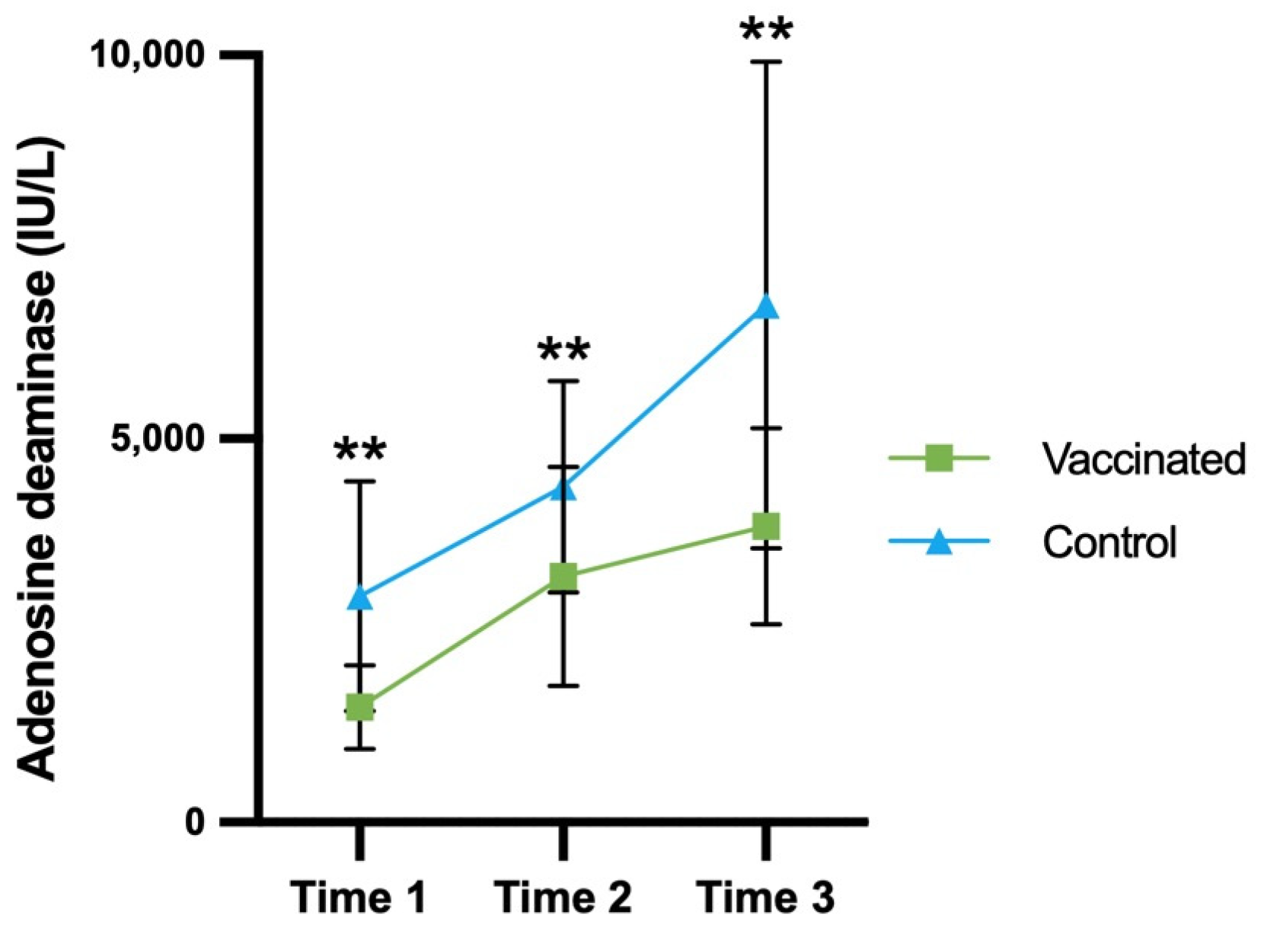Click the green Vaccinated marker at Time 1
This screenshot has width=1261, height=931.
tap(359, 708)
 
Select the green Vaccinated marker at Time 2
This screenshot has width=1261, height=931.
tap(563, 577)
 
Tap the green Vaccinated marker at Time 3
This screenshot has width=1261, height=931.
tap(766, 526)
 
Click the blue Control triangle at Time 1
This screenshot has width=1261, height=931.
tap(359, 599)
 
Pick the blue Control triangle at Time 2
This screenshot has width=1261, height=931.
tap(563, 488)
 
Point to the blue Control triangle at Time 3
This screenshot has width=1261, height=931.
tap(766, 308)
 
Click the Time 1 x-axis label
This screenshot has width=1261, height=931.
tap(358, 897)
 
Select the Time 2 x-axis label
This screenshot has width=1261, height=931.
tap(563, 897)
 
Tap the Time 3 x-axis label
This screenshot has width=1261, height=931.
tap(766, 897)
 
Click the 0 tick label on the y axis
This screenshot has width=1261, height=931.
tap(195, 823)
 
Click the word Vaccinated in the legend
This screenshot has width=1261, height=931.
tap(1143, 459)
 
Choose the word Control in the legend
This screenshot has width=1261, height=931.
tap(1109, 542)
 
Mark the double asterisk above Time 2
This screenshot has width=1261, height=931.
tap(563, 351)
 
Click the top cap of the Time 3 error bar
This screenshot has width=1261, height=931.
tap(766, 62)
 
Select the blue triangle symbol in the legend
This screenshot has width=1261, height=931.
tap(939, 542)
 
